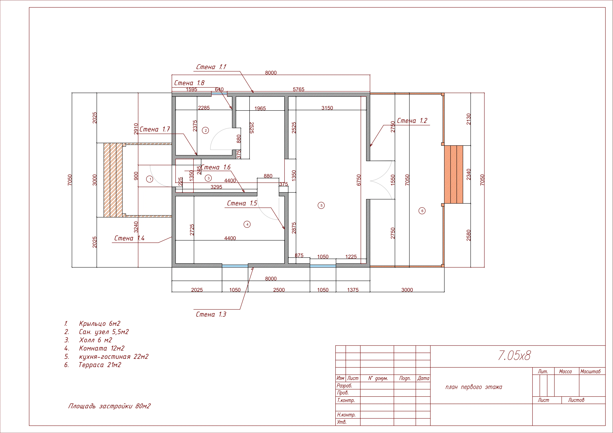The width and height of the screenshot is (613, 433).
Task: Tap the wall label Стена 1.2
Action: [412, 121]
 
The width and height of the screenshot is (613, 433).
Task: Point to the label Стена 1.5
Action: [242, 203]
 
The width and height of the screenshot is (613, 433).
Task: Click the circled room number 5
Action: [321, 205]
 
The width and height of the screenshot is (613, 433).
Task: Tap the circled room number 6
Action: [422, 211]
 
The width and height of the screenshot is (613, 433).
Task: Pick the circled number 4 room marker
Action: [247, 224]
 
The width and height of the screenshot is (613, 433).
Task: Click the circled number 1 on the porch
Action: [150, 179]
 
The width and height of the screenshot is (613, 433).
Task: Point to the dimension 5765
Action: [299, 89]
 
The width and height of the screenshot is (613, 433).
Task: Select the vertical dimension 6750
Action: [359, 180]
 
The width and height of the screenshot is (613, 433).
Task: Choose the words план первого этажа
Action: [474, 387]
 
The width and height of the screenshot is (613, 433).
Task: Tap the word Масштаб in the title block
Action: [590, 371]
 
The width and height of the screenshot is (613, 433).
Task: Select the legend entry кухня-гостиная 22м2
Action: [114, 357]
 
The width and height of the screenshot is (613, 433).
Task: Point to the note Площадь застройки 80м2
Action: [109, 406]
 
